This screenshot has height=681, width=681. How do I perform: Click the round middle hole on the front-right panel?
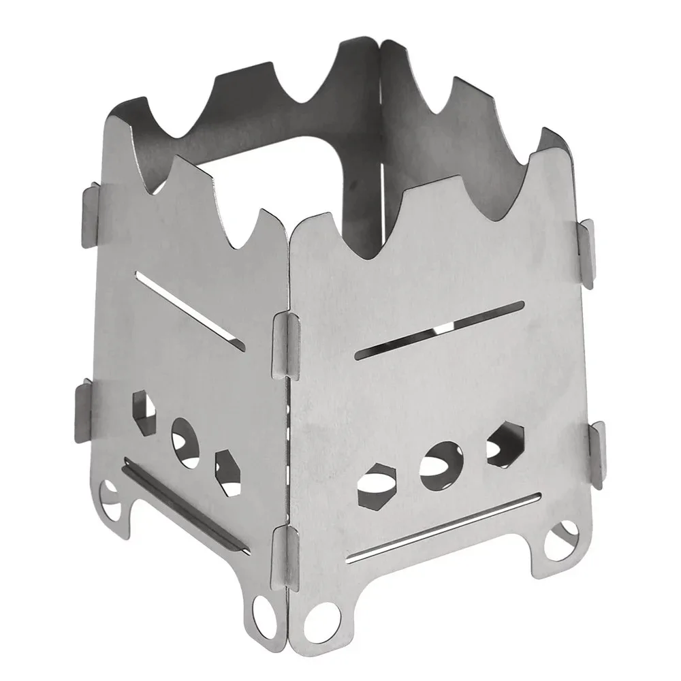[440, 466]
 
